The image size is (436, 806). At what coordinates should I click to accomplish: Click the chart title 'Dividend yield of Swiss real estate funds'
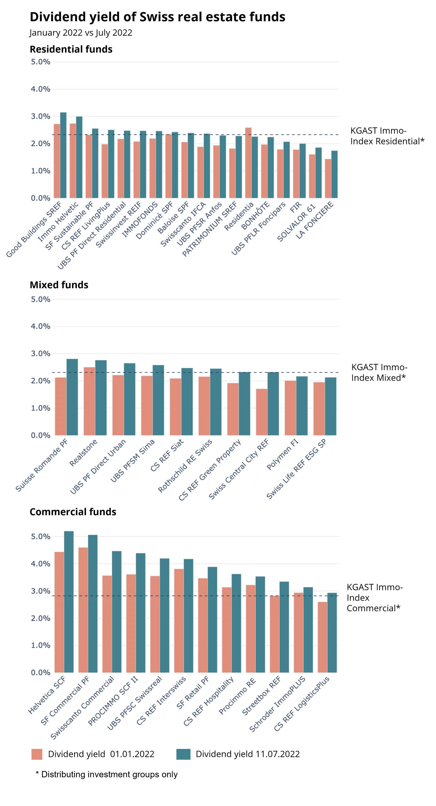pyautogui.click(x=157, y=17)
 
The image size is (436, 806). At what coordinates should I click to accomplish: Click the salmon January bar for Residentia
pyautogui.click(x=248, y=164)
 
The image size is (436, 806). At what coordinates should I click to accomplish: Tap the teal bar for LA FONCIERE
pyautogui.click(x=334, y=175)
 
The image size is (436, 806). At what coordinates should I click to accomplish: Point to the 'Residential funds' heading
pyautogui.click(x=71, y=49)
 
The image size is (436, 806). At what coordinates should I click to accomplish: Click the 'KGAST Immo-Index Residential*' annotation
pyautogui.click(x=387, y=136)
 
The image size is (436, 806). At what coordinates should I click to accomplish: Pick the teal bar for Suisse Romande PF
pyautogui.click(x=72, y=397)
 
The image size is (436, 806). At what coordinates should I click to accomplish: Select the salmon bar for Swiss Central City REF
pyautogui.click(x=262, y=412)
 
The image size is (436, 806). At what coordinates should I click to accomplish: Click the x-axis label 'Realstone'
pyautogui.click(x=83, y=453)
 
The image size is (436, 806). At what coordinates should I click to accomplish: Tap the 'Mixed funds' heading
pyautogui.click(x=59, y=285)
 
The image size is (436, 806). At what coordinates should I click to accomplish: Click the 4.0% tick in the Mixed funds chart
pyautogui.click(x=41, y=326)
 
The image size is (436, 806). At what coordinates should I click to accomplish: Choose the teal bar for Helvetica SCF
pyautogui.click(x=69, y=602)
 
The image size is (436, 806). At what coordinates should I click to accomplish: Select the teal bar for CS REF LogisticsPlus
pyautogui.click(x=332, y=633)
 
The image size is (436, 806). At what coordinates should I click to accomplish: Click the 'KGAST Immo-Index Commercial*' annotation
pyautogui.click(x=374, y=598)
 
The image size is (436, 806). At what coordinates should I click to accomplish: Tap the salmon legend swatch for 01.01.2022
pyautogui.click(x=37, y=754)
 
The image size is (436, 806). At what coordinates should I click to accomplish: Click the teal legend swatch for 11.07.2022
pyautogui.click(x=183, y=754)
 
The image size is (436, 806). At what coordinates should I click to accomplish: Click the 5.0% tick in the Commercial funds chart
pyautogui.click(x=41, y=537)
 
